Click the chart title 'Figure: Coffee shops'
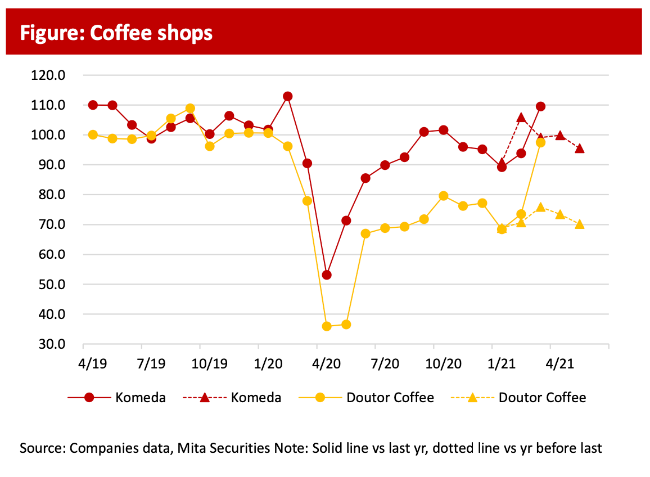[x=116, y=33]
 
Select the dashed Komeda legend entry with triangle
[x=232, y=398]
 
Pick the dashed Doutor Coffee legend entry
[x=518, y=398]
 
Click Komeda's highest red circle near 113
[x=287, y=96]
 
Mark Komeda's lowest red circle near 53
[x=327, y=275]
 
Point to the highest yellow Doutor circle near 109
[x=190, y=109]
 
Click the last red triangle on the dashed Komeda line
[x=580, y=148]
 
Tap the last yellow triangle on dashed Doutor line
[x=580, y=224]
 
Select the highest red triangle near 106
[x=521, y=118]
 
